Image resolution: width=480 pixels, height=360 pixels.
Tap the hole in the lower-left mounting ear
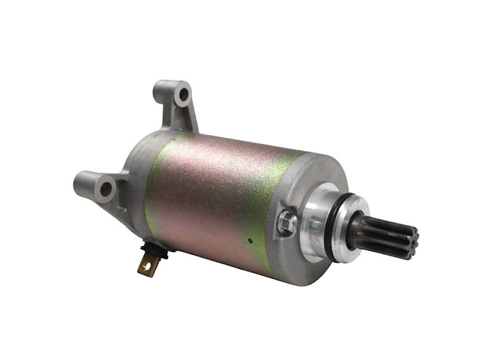(106, 188)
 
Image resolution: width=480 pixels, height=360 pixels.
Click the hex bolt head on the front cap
(289, 219)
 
